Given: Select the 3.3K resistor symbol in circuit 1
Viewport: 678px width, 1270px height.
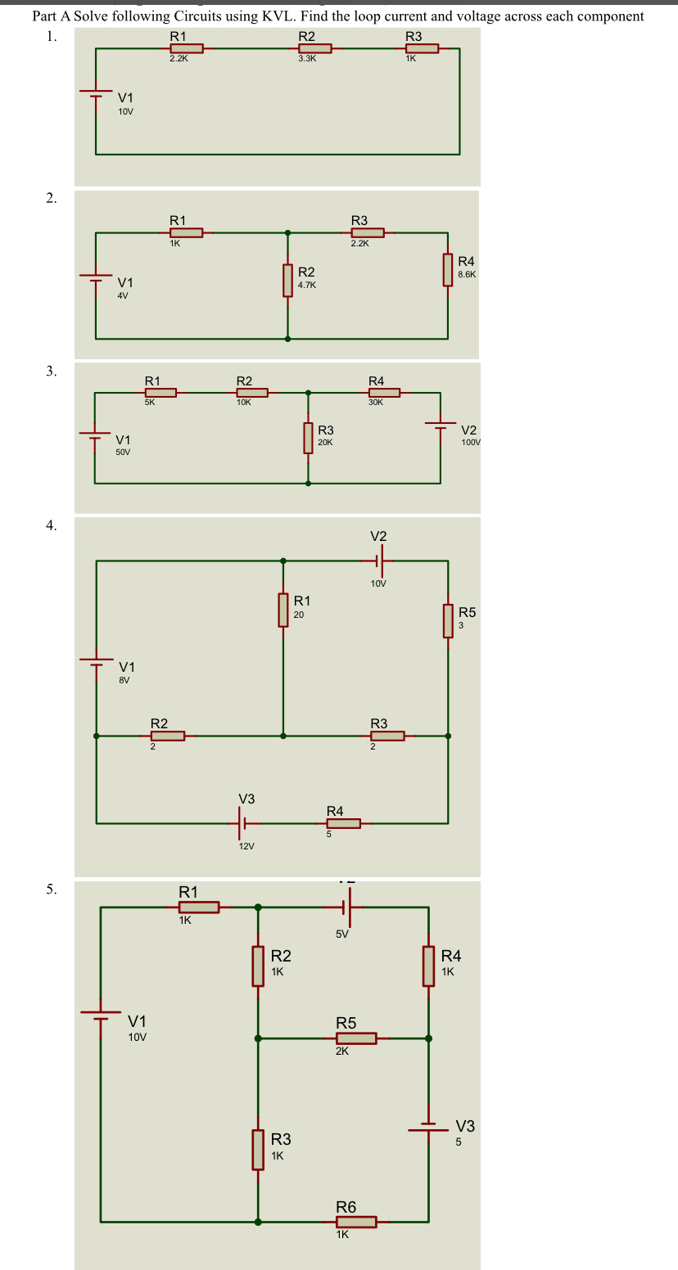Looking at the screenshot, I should pos(314,48).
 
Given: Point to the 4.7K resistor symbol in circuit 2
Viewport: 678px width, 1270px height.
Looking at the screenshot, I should pos(287,280).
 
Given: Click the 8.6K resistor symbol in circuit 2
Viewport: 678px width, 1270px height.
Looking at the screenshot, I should pos(448,270).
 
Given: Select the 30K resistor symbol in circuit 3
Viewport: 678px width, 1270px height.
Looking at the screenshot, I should pos(383,393).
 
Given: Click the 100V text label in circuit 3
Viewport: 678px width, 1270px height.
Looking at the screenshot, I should pos(471,442).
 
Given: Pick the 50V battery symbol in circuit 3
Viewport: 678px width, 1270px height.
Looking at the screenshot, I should pos(95,435).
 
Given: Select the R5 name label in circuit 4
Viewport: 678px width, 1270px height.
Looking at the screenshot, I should pos(467,612).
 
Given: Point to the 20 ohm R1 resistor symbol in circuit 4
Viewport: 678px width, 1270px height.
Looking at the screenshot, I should pos(283,610).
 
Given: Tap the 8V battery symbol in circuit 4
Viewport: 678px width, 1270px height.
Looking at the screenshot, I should pos(97,661).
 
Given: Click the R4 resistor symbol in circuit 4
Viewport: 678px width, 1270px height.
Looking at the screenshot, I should pos(344,823).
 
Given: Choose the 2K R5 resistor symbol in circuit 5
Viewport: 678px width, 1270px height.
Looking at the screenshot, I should pos(356,1038).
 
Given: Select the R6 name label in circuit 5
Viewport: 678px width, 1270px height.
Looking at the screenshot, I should pos(346,1207).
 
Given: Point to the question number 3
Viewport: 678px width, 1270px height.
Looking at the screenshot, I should pos(52,372).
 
